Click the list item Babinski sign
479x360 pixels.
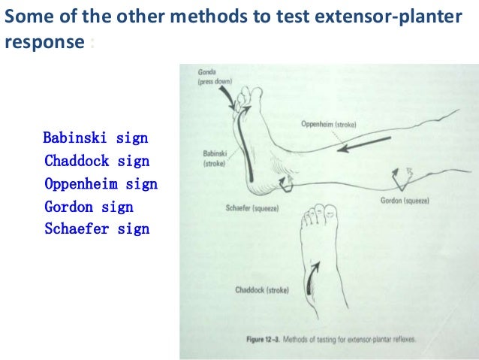click(x=95, y=139)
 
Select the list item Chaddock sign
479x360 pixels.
click(x=97, y=161)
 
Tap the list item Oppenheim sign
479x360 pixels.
click(x=101, y=183)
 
